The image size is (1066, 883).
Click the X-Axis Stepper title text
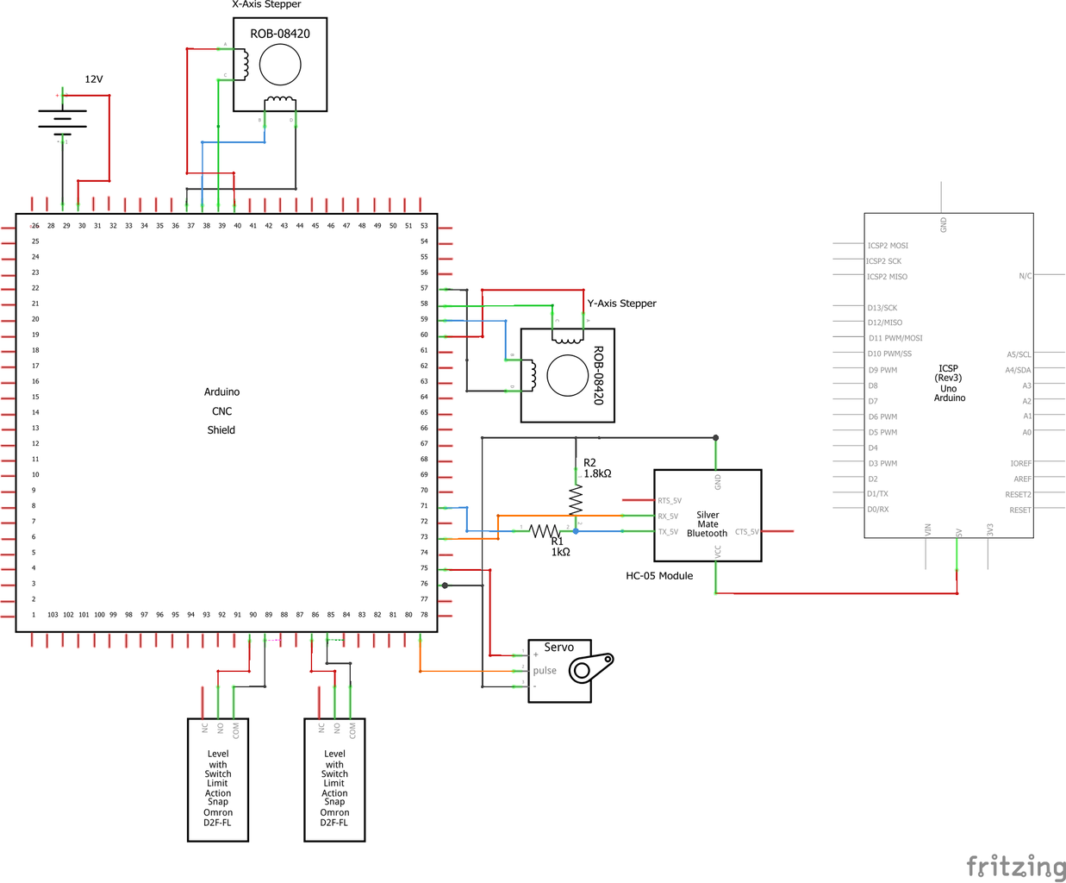266,5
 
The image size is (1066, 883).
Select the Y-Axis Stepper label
621,304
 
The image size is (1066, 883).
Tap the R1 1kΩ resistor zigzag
544,531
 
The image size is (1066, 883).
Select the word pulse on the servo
545,671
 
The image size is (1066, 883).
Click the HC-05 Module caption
659,576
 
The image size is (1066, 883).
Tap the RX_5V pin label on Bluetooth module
668,517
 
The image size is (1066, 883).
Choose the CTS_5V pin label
746,532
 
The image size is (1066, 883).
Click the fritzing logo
1015,866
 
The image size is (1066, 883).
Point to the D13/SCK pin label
882,308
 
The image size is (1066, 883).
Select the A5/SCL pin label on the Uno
1019,354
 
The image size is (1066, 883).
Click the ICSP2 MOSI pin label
888,246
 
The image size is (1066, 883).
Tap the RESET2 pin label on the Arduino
1018,495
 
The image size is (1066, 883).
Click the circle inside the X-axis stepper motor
280,64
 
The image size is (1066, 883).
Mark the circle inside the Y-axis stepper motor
568,375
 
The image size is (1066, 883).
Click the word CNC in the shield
221,411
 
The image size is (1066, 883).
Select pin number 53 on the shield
424,226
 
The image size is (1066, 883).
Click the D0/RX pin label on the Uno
878,510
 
